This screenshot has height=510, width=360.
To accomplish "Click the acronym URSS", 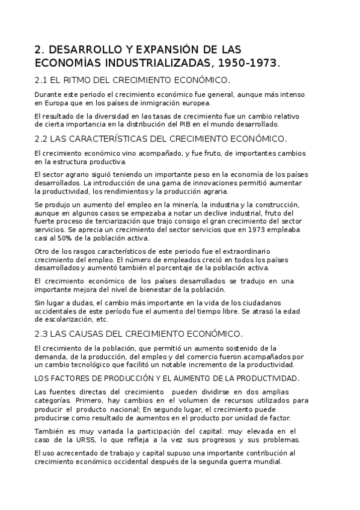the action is coord(85,440).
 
